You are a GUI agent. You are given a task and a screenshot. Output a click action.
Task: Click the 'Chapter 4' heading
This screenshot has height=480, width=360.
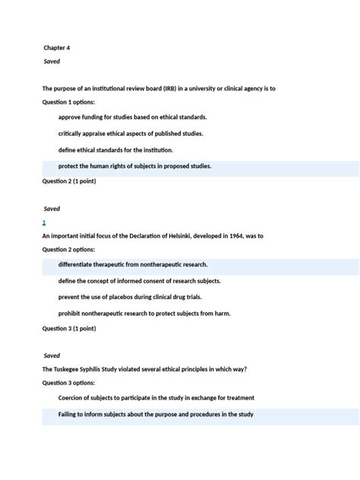click(x=57, y=48)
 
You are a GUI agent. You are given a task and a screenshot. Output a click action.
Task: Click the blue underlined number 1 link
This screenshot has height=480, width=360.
click(x=44, y=223)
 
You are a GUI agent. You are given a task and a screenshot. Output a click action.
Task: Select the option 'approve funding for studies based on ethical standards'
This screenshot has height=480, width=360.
click(x=132, y=117)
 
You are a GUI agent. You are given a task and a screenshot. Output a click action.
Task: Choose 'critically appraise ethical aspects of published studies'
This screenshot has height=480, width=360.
click(x=131, y=134)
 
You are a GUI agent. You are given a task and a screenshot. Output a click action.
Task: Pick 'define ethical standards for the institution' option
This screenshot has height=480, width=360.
click(x=115, y=150)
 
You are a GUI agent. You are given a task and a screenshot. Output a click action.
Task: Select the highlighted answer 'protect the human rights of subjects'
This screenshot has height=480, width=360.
click(x=134, y=166)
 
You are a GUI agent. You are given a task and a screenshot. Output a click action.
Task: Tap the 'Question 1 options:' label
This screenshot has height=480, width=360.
click(x=68, y=102)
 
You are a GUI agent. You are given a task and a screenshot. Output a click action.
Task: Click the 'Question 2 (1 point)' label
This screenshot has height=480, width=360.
click(x=69, y=182)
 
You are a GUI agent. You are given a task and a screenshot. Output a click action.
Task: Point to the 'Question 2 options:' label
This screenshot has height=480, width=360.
click(x=68, y=249)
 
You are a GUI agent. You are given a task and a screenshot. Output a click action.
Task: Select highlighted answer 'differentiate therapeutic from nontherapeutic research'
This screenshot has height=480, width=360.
click(x=133, y=265)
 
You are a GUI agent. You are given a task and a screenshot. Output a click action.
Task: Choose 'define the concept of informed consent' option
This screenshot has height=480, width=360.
click(x=134, y=281)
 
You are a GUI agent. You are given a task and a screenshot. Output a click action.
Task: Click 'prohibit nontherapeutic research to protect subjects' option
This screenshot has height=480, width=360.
click(x=144, y=314)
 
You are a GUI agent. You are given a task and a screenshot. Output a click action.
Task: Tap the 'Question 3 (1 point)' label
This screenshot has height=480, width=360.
click(x=69, y=329)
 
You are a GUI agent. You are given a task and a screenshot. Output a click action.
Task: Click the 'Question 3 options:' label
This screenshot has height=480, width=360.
click(x=68, y=384)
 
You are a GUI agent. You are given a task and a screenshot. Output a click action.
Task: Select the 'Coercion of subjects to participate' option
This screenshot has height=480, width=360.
click(x=156, y=398)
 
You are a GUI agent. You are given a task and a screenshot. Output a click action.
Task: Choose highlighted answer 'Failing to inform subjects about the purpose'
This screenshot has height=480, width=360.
click(x=156, y=415)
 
